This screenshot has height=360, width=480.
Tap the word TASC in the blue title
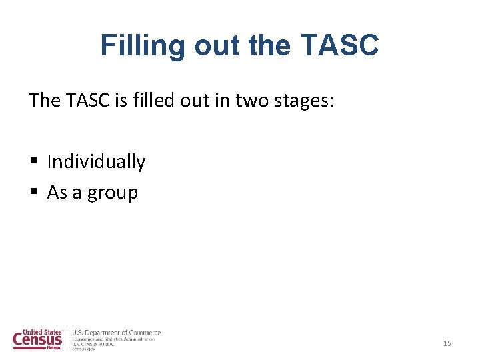coord(340,45)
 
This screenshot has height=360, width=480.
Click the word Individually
coord(96,162)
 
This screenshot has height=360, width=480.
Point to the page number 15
coord(447,343)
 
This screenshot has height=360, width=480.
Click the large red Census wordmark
coord(37,340)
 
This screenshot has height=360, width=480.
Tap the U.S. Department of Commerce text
coord(116,333)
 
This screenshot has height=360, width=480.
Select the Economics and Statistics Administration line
coord(113,339)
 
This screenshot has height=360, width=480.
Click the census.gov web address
coord(84,349)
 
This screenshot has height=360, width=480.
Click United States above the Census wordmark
coord(42,331)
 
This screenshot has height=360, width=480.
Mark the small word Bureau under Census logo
coord(55,348)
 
